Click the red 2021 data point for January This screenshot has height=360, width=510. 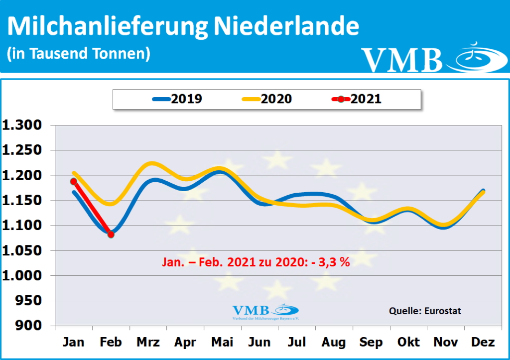coord(74,181)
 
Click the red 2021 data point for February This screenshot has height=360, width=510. coord(111,235)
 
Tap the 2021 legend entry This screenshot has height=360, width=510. coord(357,99)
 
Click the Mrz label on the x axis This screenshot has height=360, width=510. coord(148,343)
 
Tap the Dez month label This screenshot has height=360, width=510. coord(483,343)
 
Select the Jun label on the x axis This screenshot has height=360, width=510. coord(259,343)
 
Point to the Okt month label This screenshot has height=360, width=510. coord(408,343)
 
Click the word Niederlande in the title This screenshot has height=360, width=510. coord(286,27)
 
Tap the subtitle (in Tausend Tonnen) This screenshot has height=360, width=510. coord(79,53)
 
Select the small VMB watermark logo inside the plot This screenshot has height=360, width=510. coord(265,312)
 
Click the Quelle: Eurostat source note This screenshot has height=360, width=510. coord(425,311)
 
